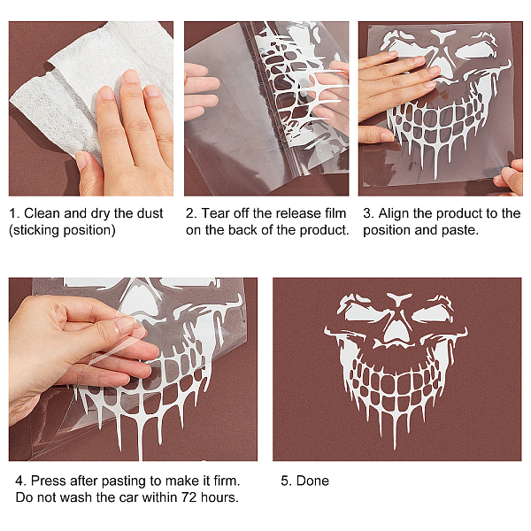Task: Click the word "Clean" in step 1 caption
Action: [42, 213]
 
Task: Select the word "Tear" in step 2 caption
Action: [215, 213]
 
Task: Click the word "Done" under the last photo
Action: [312, 481]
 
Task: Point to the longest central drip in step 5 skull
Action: [395, 430]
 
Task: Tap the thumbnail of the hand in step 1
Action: [81, 160]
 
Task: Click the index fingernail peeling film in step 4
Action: [126, 324]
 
